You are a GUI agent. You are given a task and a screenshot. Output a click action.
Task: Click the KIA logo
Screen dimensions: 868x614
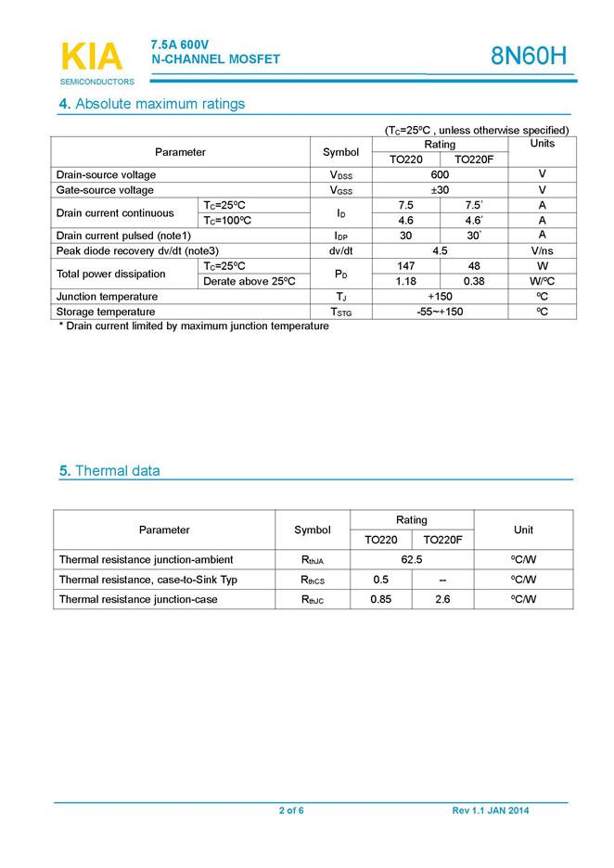(92, 58)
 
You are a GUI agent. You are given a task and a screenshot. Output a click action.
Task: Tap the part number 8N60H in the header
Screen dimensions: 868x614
(528, 57)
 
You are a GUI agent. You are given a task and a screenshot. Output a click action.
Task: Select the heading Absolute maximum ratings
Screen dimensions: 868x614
(152, 104)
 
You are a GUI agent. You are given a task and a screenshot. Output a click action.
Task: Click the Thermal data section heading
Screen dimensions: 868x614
(109, 471)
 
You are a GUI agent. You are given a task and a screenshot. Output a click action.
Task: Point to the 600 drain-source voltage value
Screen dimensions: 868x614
(440, 175)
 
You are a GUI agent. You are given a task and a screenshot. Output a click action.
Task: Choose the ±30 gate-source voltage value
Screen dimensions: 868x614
(440, 190)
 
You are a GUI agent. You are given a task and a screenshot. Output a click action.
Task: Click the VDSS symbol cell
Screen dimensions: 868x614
(340, 175)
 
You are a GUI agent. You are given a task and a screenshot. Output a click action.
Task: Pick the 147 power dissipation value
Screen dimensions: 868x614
(405, 266)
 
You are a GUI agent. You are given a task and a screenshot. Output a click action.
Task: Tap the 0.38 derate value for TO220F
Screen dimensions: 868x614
(473, 281)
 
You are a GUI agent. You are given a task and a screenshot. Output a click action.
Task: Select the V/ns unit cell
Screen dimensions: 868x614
(542, 250)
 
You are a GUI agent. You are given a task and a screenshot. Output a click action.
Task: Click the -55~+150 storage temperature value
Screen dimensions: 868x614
(440, 312)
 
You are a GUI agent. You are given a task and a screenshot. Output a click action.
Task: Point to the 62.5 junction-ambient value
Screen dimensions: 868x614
(412, 559)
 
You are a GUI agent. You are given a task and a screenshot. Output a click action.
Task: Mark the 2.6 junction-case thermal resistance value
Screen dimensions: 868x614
(442, 599)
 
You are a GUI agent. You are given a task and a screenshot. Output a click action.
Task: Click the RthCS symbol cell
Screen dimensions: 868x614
(313, 580)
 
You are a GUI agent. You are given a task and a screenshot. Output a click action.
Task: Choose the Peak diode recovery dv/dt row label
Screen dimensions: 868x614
(137, 250)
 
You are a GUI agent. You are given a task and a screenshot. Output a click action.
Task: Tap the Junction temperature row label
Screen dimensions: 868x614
(107, 297)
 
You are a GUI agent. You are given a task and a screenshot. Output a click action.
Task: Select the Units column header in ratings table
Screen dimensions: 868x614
(542, 144)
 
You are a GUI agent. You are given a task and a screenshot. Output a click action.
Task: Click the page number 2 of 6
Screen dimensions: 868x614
(291, 811)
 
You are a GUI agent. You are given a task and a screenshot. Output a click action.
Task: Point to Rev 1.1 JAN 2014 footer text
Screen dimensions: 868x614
(491, 811)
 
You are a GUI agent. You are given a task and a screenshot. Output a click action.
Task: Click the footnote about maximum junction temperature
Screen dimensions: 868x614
(194, 326)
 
